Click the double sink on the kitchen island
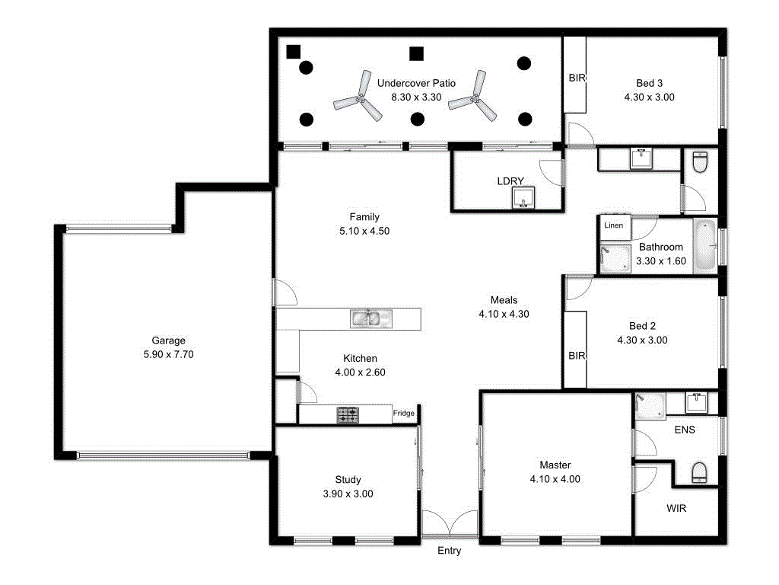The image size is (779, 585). pyautogui.click(x=370, y=318)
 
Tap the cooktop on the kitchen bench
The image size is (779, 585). pyautogui.click(x=348, y=415)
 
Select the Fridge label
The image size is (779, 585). pyautogui.click(x=403, y=414)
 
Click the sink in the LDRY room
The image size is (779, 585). pyautogui.click(x=523, y=198)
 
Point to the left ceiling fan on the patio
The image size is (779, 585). pyautogui.click(x=359, y=100)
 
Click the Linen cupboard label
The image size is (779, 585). pyautogui.click(x=613, y=225)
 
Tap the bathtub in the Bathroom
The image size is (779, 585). pyautogui.click(x=705, y=245)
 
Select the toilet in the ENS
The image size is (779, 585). pyautogui.click(x=698, y=473)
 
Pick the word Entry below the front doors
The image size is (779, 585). pyautogui.click(x=449, y=551)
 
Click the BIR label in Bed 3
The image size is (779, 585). pyautogui.click(x=577, y=78)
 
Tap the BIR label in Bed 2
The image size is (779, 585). pyautogui.click(x=577, y=356)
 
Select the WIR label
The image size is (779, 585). pyautogui.click(x=676, y=508)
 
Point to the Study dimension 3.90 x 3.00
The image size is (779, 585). pyautogui.click(x=348, y=494)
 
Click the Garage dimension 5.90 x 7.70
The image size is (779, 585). pyautogui.click(x=168, y=354)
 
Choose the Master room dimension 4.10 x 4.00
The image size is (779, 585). pyautogui.click(x=555, y=479)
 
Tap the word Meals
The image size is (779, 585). pyautogui.click(x=504, y=300)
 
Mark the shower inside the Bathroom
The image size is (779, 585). pyautogui.click(x=615, y=258)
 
